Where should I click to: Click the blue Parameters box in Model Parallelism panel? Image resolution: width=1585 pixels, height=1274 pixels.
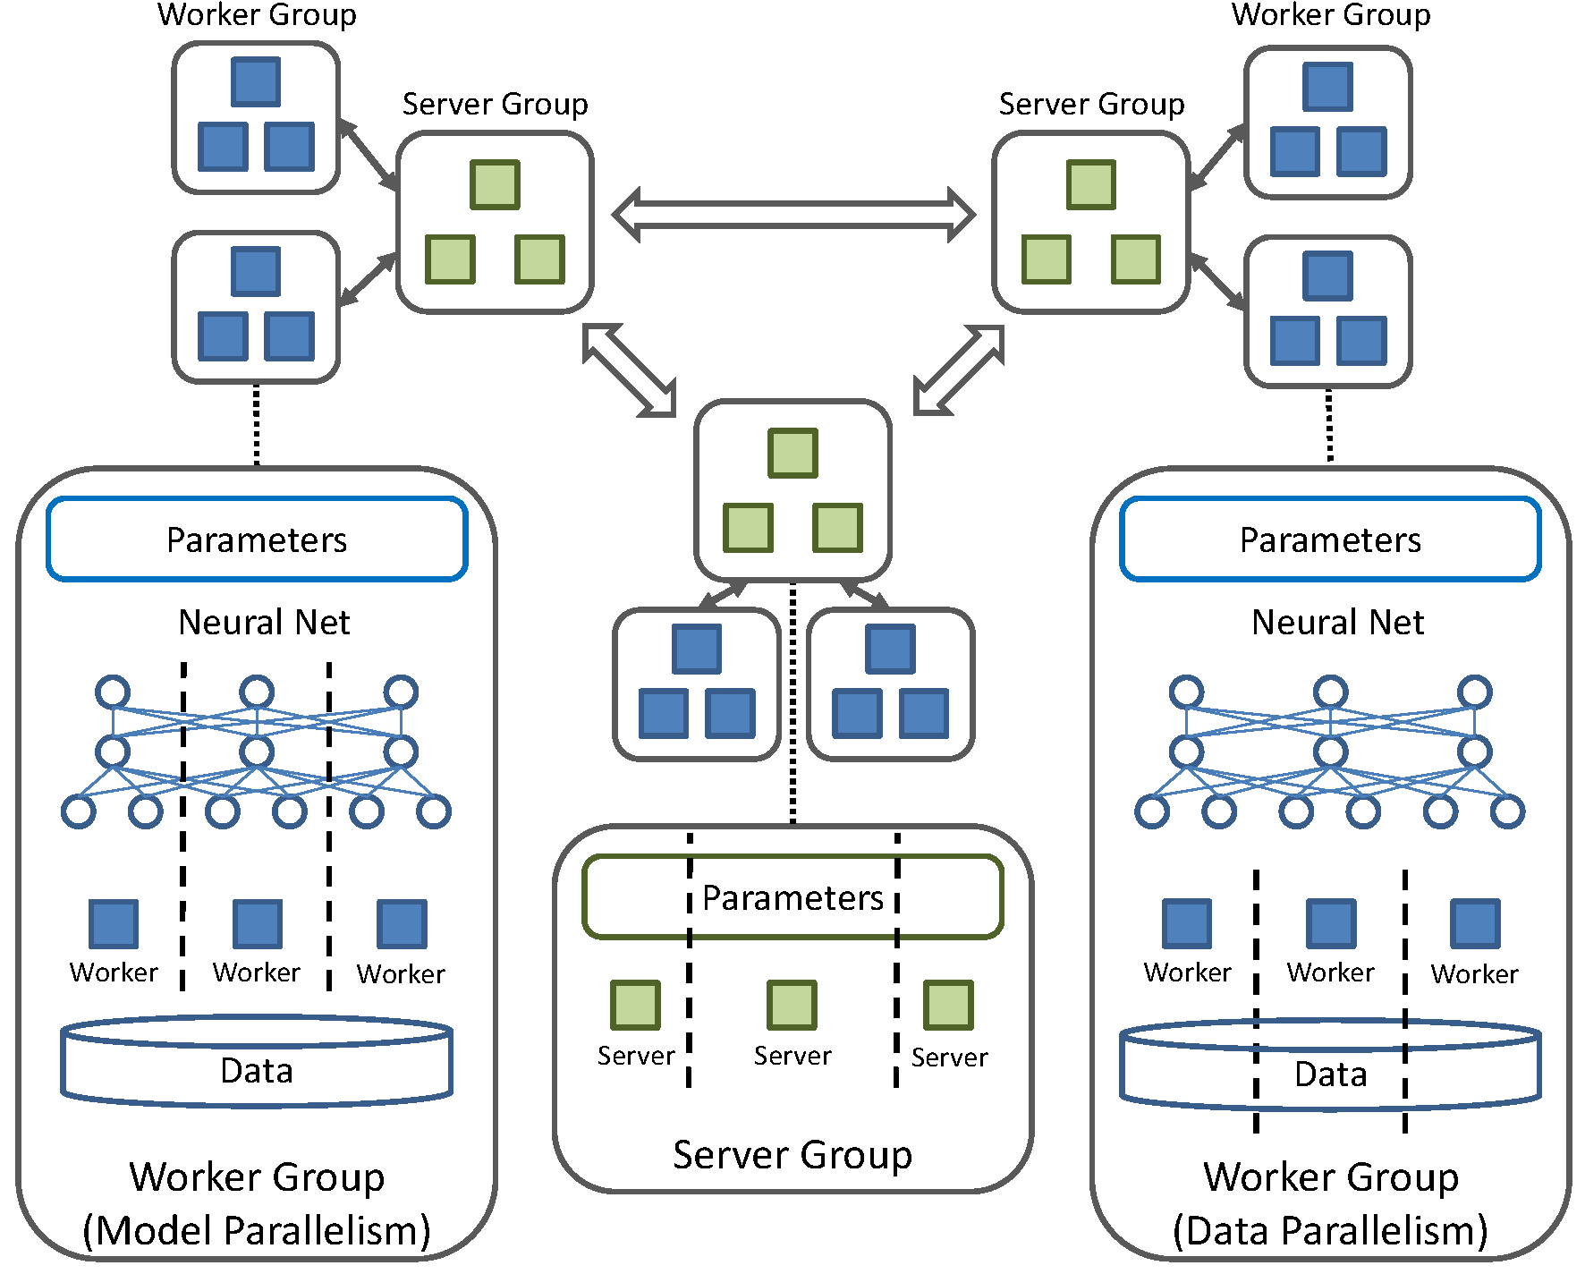click(257, 539)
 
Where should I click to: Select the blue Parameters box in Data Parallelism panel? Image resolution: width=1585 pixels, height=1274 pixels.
click(1330, 539)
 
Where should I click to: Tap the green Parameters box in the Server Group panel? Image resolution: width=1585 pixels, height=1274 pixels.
click(792, 897)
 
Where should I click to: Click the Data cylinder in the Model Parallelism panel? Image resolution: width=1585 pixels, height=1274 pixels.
click(257, 1065)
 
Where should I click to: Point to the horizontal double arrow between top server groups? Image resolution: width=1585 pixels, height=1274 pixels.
click(793, 215)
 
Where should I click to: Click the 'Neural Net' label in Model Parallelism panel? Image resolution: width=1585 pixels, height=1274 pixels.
click(264, 622)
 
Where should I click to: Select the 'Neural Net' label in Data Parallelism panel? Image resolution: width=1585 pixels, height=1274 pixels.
click(1337, 622)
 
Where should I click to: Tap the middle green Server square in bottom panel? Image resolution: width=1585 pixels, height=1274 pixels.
click(792, 1006)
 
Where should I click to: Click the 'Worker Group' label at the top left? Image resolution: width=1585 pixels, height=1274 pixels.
click(257, 14)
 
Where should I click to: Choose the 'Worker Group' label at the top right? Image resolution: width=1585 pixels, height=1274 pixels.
click(1331, 14)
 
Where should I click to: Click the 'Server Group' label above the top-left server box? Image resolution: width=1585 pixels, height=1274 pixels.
click(495, 104)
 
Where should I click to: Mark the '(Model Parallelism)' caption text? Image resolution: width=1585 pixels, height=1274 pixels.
click(257, 1231)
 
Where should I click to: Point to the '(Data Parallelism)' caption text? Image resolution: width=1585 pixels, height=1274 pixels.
click(1330, 1231)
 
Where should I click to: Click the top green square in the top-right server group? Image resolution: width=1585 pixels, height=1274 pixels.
click(1091, 184)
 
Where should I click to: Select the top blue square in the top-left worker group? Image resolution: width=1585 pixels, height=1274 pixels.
click(256, 81)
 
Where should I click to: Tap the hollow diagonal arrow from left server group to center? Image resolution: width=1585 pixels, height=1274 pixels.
click(629, 370)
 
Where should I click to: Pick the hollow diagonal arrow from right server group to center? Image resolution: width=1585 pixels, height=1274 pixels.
click(958, 370)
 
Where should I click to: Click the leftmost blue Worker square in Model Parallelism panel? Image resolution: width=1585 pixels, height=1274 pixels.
click(114, 924)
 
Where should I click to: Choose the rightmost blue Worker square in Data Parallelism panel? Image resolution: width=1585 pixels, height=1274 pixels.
click(1475, 924)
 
